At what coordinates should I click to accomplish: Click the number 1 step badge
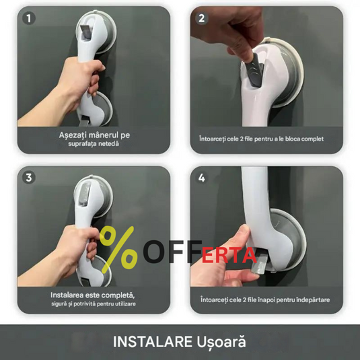[x=29, y=18]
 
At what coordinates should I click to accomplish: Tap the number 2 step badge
[x=202, y=18]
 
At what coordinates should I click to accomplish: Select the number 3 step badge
[x=29, y=178]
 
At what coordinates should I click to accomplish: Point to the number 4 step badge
[x=202, y=178]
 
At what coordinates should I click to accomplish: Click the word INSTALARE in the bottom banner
[x=153, y=342]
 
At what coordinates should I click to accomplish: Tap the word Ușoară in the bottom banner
[x=221, y=342]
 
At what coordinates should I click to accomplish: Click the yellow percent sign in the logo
[x=118, y=250]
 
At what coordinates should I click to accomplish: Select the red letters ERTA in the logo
[x=229, y=255]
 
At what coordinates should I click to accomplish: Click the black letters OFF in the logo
[x=173, y=252]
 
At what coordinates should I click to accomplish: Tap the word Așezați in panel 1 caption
[x=73, y=135]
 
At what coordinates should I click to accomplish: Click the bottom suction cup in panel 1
[x=102, y=108]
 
